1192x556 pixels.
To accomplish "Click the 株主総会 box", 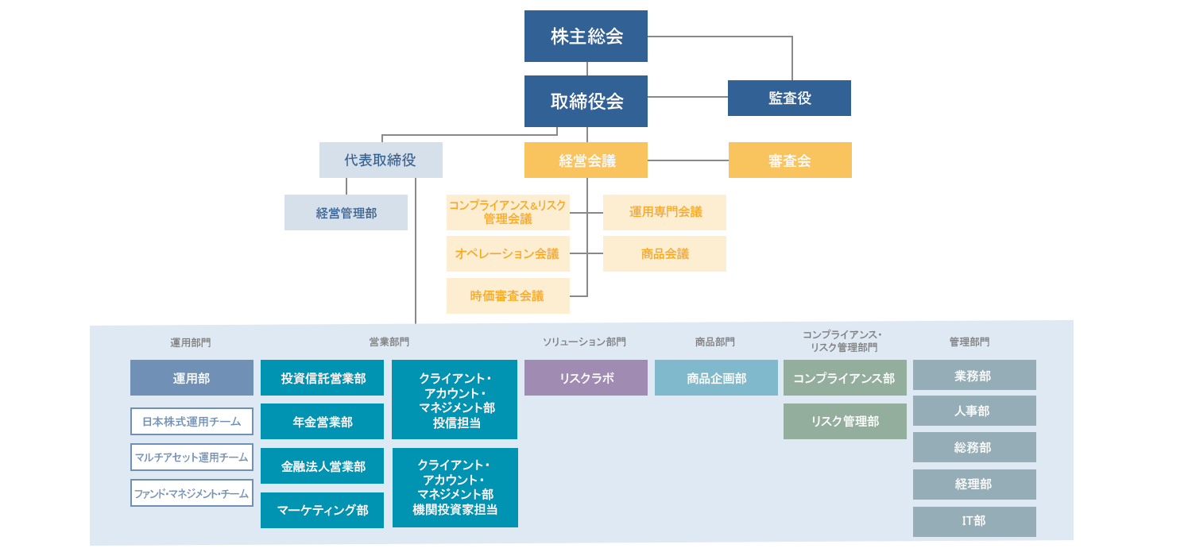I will click(586, 37).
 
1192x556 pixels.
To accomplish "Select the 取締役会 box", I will click(586, 101).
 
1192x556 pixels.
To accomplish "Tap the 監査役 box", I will click(789, 98).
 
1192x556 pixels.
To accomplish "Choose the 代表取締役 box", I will click(381, 160).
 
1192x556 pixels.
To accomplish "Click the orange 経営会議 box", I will click(586, 160).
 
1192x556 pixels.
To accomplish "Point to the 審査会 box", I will click(790, 160).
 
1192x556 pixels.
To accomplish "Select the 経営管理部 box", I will click(346, 213).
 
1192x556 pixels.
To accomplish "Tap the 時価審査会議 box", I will click(508, 295).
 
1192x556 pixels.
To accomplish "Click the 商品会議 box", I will click(664, 254).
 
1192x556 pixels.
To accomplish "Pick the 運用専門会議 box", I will click(664, 212).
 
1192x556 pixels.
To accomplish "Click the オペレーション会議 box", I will click(508, 254).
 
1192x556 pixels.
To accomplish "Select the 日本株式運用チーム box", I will click(192, 422).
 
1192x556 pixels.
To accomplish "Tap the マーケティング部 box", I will click(322, 510).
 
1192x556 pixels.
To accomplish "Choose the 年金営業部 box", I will click(322, 422).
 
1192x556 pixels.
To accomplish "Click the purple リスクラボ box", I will click(586, 378).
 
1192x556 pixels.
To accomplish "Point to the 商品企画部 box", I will click(716, 378).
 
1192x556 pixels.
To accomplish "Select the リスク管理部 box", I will click(845, 421).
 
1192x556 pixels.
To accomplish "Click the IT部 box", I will click(974, 521).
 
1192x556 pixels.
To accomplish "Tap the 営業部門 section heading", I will click(389, 342).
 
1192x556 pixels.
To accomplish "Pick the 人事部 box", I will click(974, 411).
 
